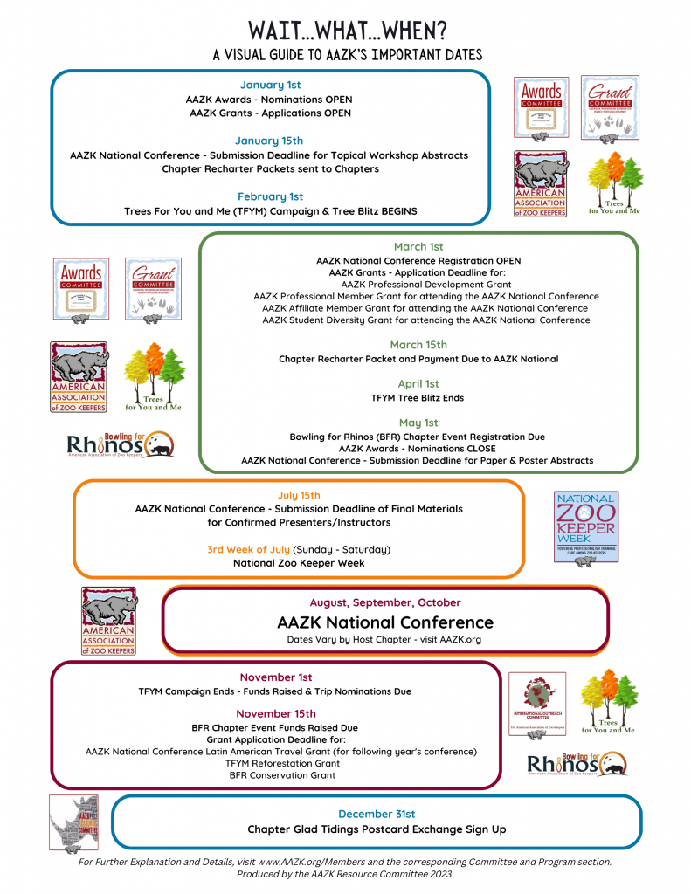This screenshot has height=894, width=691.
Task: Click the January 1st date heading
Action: tap(270, 85)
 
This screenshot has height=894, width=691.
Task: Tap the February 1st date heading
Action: tap(270, 196)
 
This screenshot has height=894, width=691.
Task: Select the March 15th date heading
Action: tap(418, 345)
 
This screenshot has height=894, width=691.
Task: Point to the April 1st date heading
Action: tap(418, 383)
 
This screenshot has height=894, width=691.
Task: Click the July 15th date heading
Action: tap(299, 494)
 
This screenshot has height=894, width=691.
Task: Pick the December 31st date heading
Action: tap(377, 814)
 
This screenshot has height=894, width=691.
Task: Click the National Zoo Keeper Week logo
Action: tap(586, 526)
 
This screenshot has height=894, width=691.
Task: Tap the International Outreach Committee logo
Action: tap(537, 704)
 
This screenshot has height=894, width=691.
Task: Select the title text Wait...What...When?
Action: tap(347, 31)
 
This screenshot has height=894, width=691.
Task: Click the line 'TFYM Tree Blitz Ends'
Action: tap(418, 398)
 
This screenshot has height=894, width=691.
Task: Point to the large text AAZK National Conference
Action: tap(385, 622)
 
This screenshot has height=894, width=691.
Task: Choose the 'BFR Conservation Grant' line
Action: tap(281, 775)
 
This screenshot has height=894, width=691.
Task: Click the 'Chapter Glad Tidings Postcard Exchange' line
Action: tap(377, 829)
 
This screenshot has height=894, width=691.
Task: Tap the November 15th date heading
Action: tap(275, 713)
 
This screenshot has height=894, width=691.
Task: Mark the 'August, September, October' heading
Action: tap(385, 602)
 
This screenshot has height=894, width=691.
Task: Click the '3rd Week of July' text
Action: tap(248, 549)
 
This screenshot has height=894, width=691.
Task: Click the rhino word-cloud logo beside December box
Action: tap(74, 822)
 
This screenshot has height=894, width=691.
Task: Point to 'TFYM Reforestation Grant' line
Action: tap(281, 763)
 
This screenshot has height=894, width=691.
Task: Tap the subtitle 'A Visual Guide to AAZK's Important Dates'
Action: tap(347, 55)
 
